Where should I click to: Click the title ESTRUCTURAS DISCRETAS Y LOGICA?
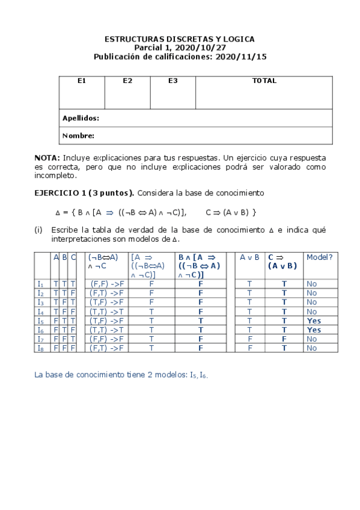(180, 39)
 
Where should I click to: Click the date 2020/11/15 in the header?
(244, 57)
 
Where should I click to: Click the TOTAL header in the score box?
(264, 81)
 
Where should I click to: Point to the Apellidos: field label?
(81, 118)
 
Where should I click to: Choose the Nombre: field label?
(78, 136)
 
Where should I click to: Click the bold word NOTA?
(47, 157)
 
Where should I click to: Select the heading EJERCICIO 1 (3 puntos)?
(85, 193)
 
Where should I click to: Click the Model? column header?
(319, 257)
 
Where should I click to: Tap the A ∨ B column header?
(249, 257)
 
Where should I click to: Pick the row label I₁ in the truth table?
(40, 283)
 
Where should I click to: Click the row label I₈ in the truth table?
(40, 348)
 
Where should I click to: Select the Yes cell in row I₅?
(314, 321)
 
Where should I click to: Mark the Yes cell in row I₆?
(314, 330)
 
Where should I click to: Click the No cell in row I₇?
(311, 339)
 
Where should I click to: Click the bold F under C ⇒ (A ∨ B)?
(284, 339)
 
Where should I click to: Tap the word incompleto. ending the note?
(56, 176)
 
